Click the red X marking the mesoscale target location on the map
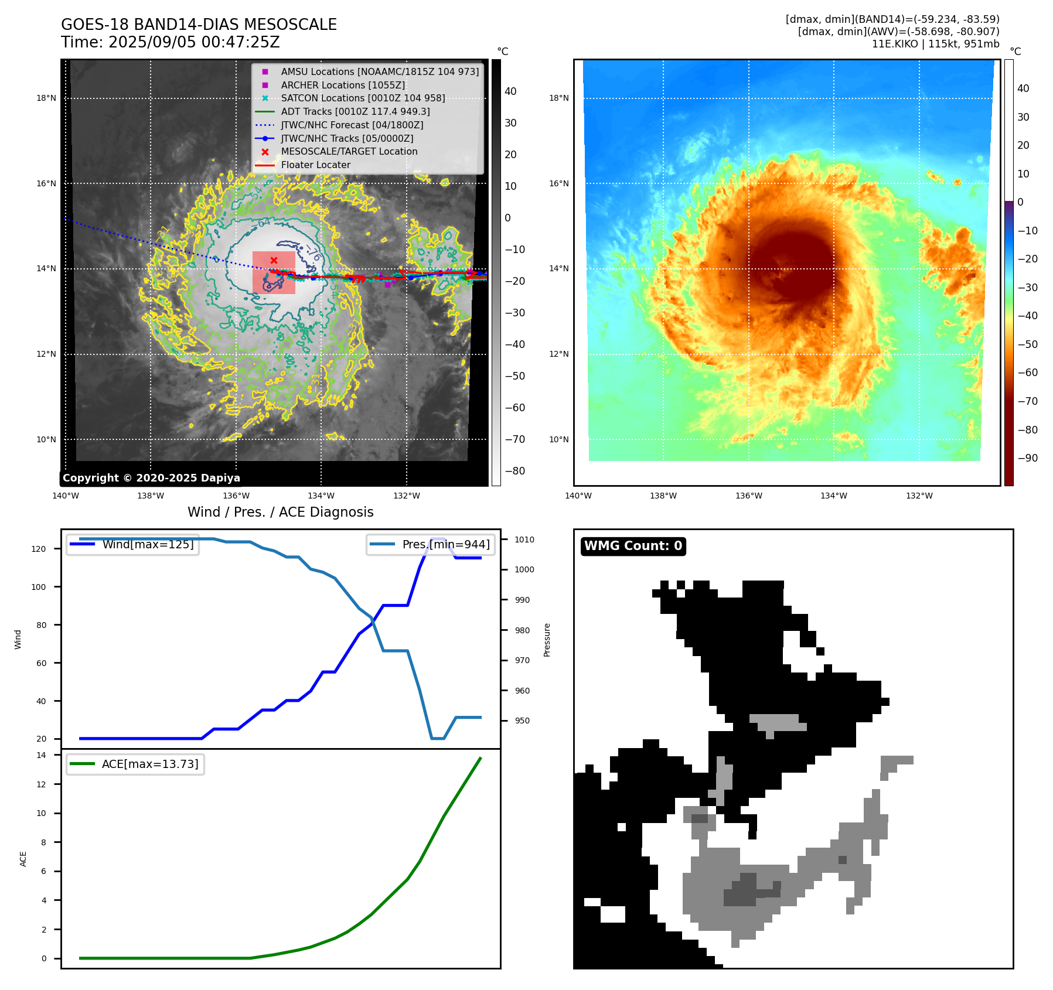(x=274, y=260)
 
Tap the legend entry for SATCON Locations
(x=363, y=98)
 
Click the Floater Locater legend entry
(x=315, y=165)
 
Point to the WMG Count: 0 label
(x=633, y=546)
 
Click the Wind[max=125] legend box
(x=132, y=544)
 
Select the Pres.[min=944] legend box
(x=431, y=544)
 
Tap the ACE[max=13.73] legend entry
(x=135, y=764)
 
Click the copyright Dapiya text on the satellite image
(x=151, y=478)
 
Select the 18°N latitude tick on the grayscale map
(x=46, y=98)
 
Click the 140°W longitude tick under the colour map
(x=578, y=496)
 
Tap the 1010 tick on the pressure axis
(x=524, y=540)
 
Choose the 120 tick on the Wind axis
(x=39, y=549)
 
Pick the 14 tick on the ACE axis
(x=41, y=755)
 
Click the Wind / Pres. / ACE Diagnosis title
(x=280, y=512)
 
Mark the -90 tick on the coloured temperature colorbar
(x=1027, y=458)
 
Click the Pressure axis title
(x=547, y=640)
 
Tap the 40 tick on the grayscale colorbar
(x=510, y=91)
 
